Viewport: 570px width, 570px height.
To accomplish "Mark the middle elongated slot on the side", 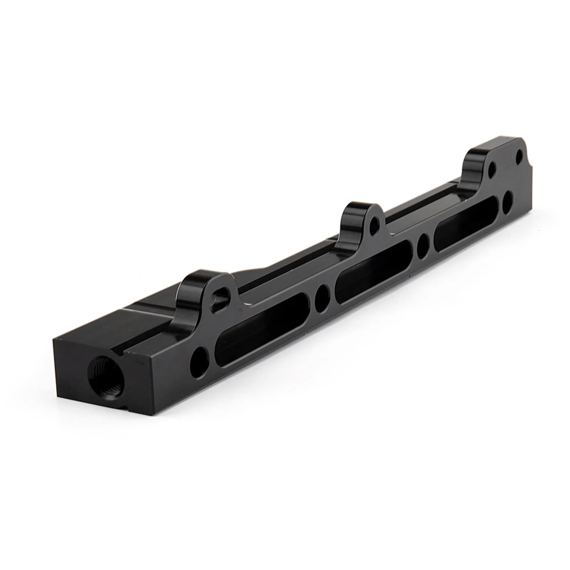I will click(376, 265).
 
